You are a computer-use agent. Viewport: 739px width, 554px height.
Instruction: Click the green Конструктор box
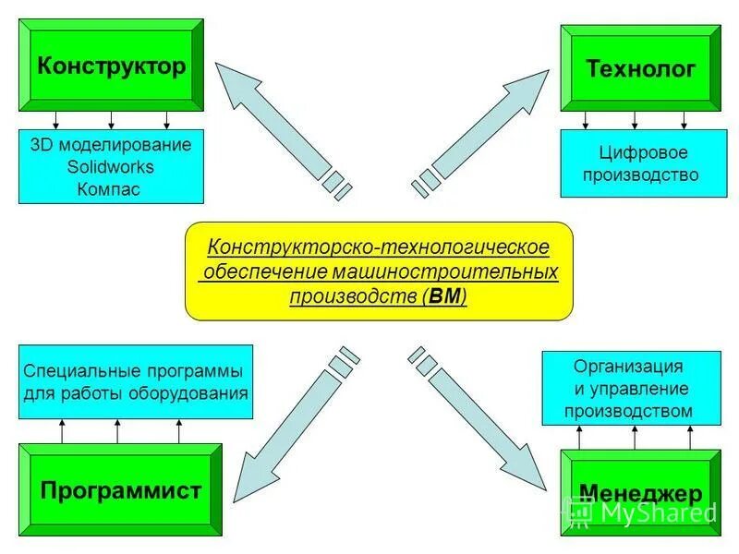[x=111, y=66]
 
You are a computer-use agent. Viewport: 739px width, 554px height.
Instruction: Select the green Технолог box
[x=640, y=69]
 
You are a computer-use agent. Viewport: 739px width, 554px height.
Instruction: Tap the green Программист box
[x=120, y=490]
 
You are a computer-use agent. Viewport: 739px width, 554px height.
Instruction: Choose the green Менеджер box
[x=640, y=493]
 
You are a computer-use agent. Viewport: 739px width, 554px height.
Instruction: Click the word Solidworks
[x=111, y=167]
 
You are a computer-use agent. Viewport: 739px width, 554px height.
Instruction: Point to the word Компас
[x=111, y=189]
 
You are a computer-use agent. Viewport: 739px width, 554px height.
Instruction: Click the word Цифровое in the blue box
[x=641, y=153]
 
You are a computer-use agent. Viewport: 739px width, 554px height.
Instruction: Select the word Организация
[x=628, y=367]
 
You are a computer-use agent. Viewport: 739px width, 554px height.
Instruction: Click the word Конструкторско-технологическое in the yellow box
[x=378, y=247]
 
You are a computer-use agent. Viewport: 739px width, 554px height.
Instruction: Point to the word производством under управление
[x=628, y=411]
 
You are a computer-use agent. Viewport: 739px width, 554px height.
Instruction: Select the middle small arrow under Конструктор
[x=111, y=121]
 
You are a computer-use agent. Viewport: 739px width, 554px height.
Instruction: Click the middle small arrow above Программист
[x=117, y=430]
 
